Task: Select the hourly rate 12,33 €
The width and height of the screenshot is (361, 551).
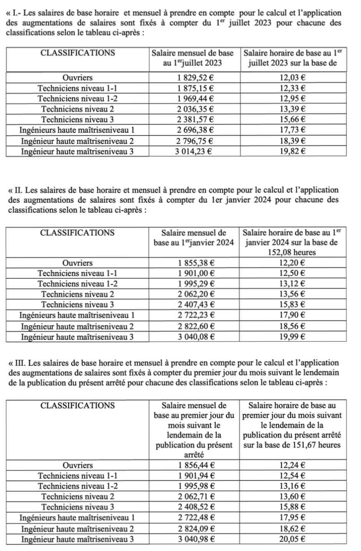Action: (293, 88)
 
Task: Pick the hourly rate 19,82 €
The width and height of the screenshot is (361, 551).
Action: (293, 151)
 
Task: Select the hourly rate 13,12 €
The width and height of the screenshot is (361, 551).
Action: (293, 284)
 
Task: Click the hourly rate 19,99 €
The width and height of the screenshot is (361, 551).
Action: (293, 337)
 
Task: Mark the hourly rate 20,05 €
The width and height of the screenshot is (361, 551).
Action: (293, 539)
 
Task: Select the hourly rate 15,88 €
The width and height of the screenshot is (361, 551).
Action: (293, 507)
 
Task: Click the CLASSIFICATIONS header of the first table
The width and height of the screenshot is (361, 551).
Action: (78, 53)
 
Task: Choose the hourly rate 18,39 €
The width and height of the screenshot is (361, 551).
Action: (293, 141)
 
